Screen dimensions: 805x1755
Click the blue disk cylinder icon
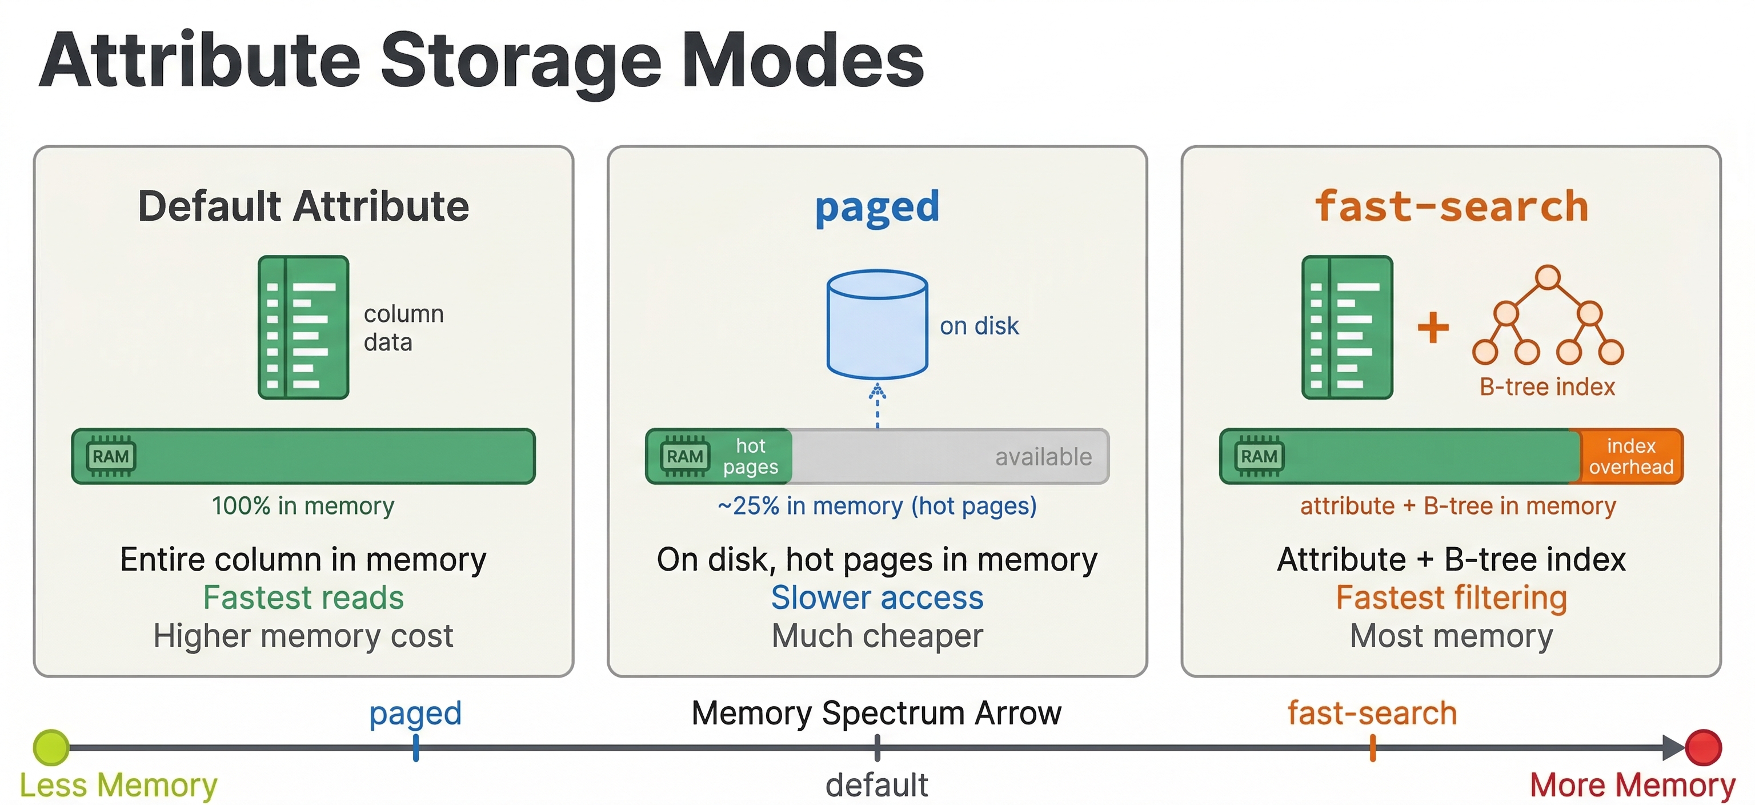pos(877,324)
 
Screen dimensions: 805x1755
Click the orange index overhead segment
pos(1630,456)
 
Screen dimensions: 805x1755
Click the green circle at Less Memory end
pos(51,747)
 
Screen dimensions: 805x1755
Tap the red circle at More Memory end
pos(1703,747)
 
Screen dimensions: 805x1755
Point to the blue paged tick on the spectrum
pos(415,748)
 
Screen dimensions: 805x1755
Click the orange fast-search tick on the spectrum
pos(1372,748)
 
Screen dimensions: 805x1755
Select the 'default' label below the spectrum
pos(876,785)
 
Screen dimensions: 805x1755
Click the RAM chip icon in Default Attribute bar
pos(111,456)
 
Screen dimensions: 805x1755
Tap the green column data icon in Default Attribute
pos(303,327)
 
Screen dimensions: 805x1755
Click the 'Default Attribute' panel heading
pos(303,206)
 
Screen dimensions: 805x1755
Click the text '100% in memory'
pos(303,506)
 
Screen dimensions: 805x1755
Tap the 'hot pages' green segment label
pos(750,456)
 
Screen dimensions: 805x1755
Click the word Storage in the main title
pos(521,61)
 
